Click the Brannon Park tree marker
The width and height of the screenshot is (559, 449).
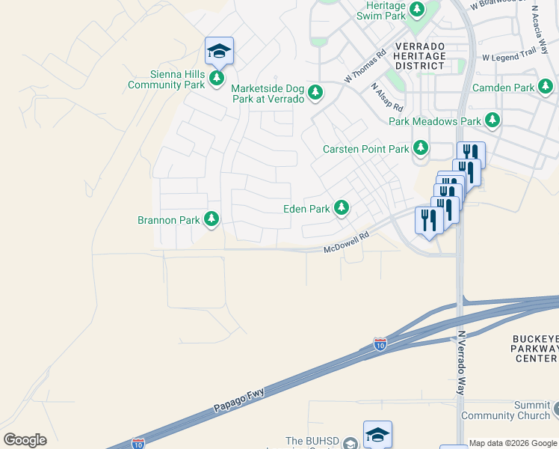212,219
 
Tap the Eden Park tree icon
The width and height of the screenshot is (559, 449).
342,207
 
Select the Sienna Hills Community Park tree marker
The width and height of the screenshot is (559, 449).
217,78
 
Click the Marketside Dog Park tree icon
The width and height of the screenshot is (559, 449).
316,92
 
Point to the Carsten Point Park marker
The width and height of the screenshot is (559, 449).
421,147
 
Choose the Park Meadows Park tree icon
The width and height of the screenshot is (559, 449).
492,120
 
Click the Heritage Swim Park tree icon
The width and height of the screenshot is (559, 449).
417,10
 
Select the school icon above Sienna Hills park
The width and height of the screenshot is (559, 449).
219,51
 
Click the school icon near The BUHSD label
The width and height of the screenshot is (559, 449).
377,435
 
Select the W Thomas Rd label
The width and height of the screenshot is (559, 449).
365,66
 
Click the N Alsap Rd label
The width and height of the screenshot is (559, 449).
387,97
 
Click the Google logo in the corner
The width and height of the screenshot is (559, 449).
25,440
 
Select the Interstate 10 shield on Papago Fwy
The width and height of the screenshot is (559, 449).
380,344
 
